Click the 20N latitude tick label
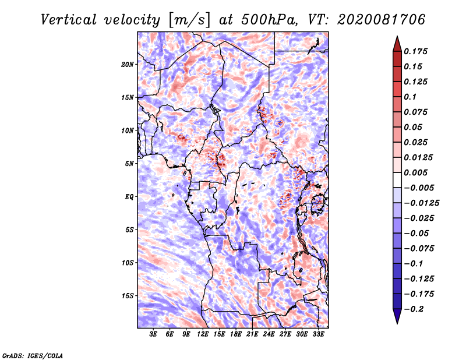tap(128, 65)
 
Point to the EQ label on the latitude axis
tap(129, 197)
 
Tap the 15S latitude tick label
tap(128, 296)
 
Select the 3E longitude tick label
tap(153, 334)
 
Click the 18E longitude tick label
tap(236, 334)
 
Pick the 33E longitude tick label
tap(318, 334)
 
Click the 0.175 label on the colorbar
tap(415, 51)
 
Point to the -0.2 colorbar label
tap(414, 309)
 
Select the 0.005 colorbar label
tap(415, 172)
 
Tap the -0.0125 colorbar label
tap(421, 203)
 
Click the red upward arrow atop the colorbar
tap(397, 44)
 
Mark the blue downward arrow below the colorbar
tap(397, 316)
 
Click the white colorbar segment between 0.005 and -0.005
tap(397, 180)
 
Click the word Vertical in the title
tap(69, 20)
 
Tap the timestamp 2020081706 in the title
tap(382, 20)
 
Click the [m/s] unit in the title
tap(189, 20)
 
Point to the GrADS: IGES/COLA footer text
tap(33, 355)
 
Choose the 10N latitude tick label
tap(128, 130)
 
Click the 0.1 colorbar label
tap(410, 97)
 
